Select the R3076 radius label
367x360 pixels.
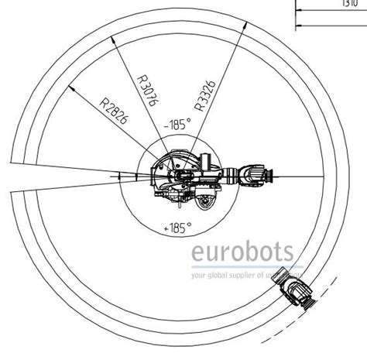click(146, 92)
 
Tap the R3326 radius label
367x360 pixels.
click(203, 94)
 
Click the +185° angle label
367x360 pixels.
click(177, 228)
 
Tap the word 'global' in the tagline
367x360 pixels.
click(222, 274)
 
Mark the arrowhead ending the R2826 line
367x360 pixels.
click(71, 88)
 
